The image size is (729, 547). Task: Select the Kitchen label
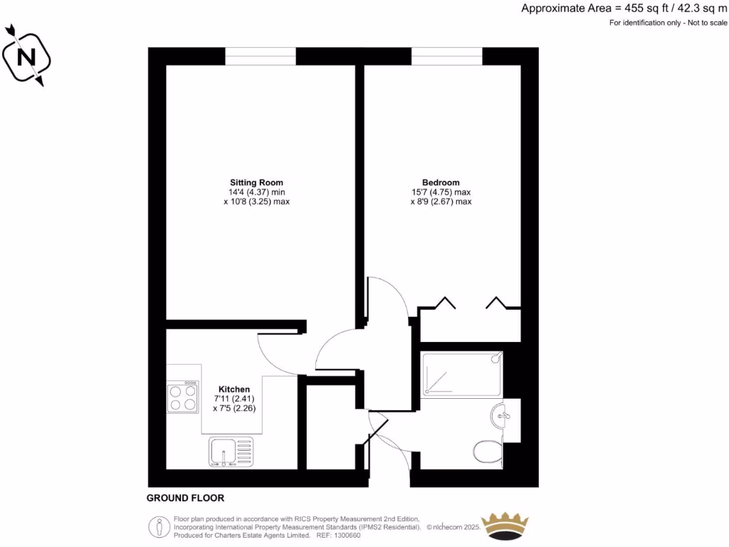click(x=234, y=389)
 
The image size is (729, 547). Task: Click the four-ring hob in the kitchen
click(x=182, y=397)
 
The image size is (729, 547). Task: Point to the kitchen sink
click(x=230, y=452)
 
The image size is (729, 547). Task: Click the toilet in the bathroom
click(x=488, y=451)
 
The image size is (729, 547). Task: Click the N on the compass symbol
click(x=28, y=56)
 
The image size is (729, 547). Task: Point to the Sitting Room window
click(x=261, y=56)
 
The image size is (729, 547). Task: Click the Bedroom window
click(x=446, y=56)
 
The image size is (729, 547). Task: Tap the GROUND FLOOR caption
click(x=185, y=499)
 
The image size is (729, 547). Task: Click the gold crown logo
click(x=505, y=526)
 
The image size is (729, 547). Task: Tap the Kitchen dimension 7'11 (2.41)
click(x=234, y=399)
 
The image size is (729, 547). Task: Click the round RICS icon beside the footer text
click(x=158, y=527)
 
